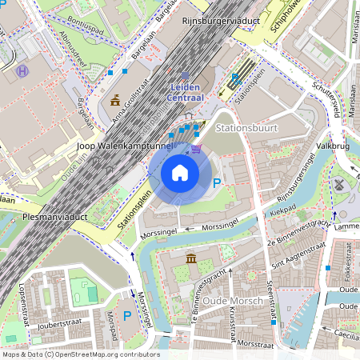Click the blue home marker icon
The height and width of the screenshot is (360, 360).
click(180, 173)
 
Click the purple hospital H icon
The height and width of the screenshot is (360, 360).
click(22, 70)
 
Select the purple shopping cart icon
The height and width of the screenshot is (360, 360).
click(196, 148)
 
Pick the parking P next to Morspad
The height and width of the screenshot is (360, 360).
click(126, 316)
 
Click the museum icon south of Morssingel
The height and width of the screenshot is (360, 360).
click(191, 258)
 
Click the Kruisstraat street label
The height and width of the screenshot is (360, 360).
click(231, 320)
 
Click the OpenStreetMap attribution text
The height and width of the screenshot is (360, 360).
click(81, 354)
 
